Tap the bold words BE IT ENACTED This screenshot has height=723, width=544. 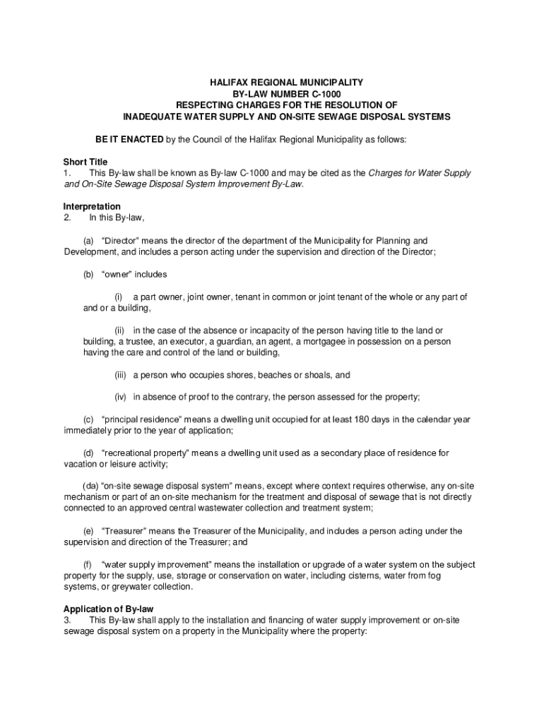tap(130, 139)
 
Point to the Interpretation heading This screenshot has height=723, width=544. tap(92, 207)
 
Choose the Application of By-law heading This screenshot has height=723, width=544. tap(109, 609)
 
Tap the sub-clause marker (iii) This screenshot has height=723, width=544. tap(122, 375)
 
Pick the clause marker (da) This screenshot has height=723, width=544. tap(90, 486)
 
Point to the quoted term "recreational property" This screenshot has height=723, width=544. tap(143, 453)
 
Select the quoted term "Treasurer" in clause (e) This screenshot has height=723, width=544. tap(126, 531)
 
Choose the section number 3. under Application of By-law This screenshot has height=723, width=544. tap(67, 620)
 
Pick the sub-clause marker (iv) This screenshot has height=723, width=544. tap(122, 396)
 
